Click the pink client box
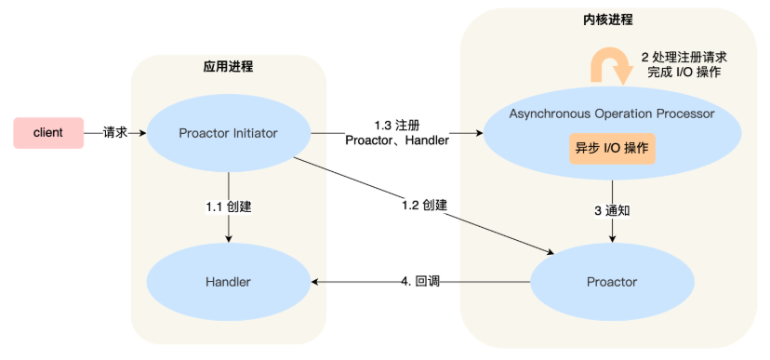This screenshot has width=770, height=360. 47,133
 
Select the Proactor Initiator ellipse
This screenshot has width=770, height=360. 228,133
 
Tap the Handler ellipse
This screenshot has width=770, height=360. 228,281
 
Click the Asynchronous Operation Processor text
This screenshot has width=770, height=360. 612,113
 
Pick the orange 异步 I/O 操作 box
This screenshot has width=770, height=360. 612,149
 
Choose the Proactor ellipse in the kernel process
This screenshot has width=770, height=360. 612,281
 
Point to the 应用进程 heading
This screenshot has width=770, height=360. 228,67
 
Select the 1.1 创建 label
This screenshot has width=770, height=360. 229,206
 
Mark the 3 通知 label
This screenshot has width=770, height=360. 613,210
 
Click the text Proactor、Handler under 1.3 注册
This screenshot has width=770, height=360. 397,140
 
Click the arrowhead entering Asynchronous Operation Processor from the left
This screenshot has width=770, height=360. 480,133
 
